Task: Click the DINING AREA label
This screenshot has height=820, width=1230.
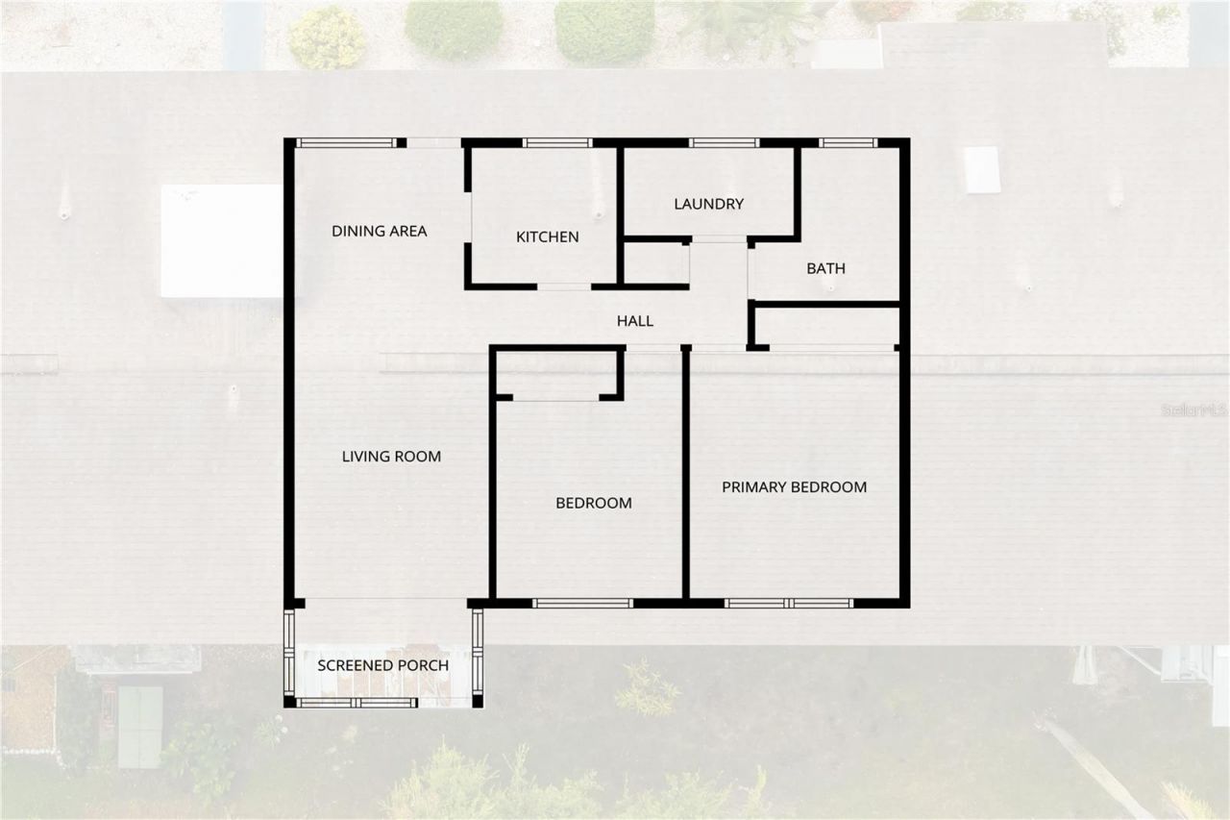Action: point(379,231)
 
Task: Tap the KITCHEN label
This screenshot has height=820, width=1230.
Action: point(547,236)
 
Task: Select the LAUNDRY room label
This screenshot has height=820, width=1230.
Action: point(708,204)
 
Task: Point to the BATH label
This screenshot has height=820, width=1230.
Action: point(825,268)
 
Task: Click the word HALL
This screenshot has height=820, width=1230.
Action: point(634,321)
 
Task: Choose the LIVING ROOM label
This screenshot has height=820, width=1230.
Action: point(391,457)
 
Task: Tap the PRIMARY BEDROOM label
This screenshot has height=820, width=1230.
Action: point(794,487)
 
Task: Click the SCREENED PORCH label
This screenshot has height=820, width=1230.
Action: point(382,665)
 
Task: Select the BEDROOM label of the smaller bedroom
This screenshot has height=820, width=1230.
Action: point(593,503)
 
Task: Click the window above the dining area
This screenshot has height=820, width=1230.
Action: point(345,143)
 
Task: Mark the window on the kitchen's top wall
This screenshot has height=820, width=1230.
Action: point(557,143)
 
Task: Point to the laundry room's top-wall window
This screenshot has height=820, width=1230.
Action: point(725,143)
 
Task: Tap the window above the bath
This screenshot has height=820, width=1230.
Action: point(849,143)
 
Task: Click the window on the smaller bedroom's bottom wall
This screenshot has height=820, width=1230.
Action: point(582,604)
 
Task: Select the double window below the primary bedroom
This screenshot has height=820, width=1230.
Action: point(789,604)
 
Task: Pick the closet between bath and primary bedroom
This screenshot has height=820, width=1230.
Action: point(826,326)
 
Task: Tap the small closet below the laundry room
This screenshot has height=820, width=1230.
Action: point(656,263)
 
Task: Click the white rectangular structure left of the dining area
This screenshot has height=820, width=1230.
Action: point(221,241)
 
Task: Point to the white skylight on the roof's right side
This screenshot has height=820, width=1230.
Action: point(982,169)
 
